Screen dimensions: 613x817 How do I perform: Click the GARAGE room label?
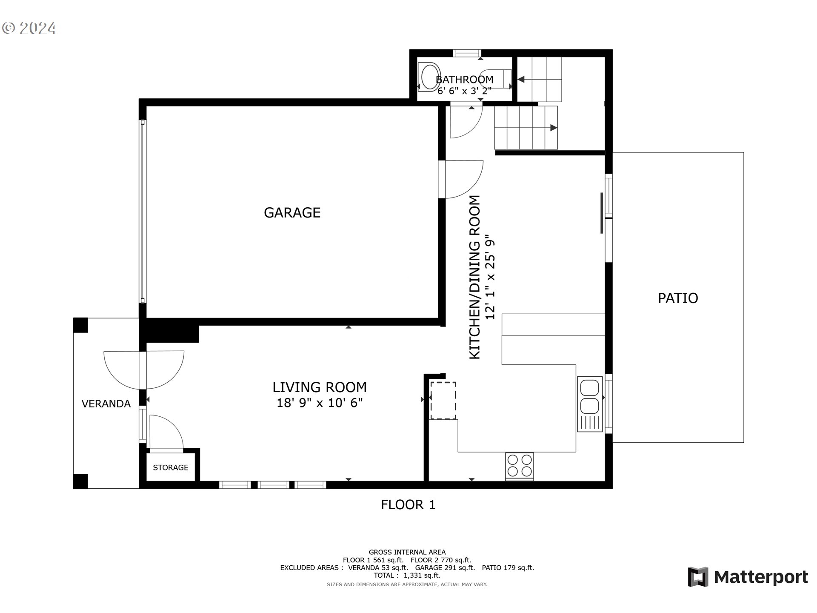292,212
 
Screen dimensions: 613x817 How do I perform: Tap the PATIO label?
678,298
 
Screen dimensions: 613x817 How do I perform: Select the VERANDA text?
106,404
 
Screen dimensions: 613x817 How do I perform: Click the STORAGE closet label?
171,467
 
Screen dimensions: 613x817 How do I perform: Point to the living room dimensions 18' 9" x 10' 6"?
320,403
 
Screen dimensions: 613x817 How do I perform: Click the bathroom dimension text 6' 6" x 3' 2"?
464,91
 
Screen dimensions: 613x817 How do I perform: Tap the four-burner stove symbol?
520,466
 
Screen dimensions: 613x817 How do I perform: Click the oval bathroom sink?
429,77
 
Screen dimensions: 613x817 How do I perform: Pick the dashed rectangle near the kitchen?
443,401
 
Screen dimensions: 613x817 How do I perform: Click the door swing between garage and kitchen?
464,179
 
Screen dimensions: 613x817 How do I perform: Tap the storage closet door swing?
166,432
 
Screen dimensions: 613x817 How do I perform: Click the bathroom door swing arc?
466,121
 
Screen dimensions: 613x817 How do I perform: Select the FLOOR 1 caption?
408,505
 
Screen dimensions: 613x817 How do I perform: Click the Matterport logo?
748,577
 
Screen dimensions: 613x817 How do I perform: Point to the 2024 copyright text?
29,28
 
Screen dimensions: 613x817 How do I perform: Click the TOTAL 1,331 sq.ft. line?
408,576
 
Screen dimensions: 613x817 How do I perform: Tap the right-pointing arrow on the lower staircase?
553,128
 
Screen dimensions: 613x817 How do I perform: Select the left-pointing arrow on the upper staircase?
520,79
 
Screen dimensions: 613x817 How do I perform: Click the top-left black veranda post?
81,326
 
